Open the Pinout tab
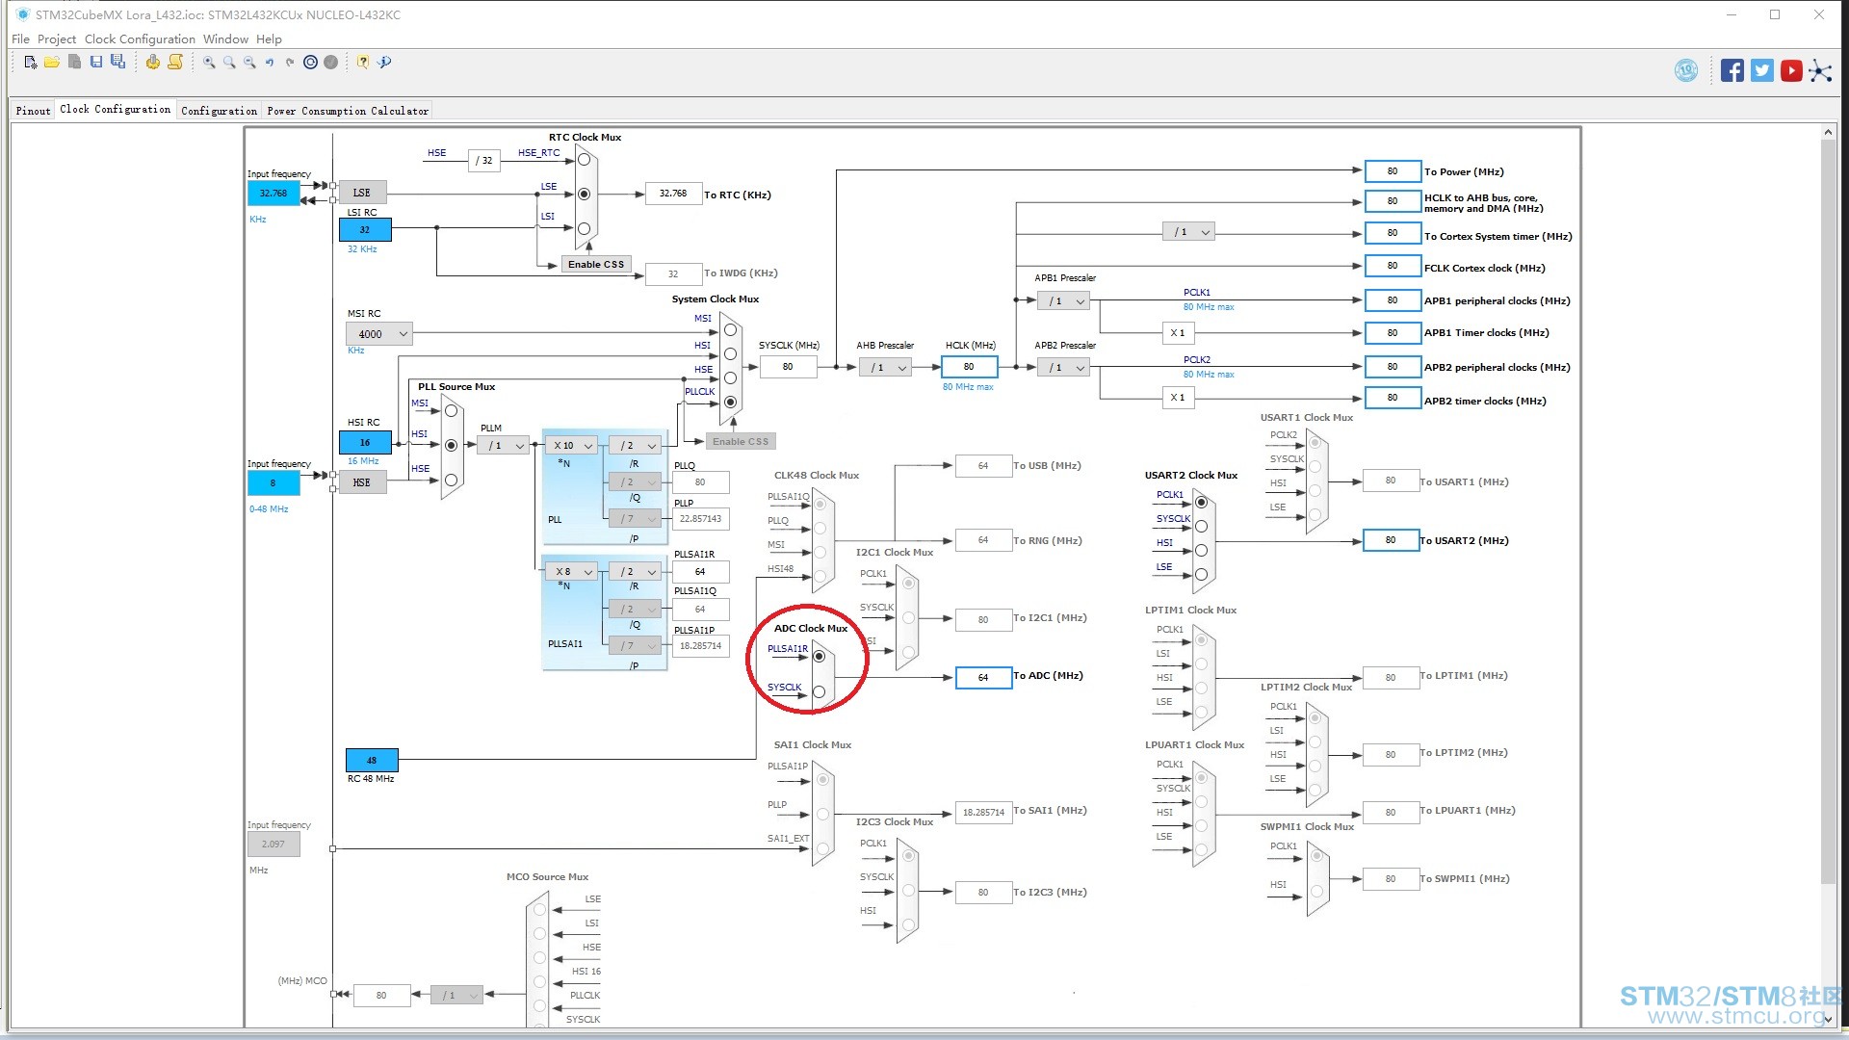tap(33, 111)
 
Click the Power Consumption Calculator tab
tap(348, 111)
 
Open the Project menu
tap(57, 39)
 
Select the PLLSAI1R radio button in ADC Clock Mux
tap(819, 656)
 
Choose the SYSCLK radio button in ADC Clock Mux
tap(819, 691)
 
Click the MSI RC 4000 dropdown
tap(379, 334)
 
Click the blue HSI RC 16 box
tap(365, 443)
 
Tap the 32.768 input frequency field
tap(273, 194)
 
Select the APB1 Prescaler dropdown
tap(1063, 301)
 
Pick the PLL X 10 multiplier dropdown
tap(571, 445)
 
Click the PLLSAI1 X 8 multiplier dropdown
tap(571, 571)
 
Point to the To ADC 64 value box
tap(983, 677)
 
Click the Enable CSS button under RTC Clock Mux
tap(596, 265)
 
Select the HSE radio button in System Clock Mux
tap(730, 377)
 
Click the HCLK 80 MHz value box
tap(969, 367)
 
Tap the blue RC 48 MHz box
tap(371, 760)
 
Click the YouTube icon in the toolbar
tap(1791, 70)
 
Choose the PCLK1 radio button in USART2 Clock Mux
tap(1201, 502)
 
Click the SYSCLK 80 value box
tap(788, 367)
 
